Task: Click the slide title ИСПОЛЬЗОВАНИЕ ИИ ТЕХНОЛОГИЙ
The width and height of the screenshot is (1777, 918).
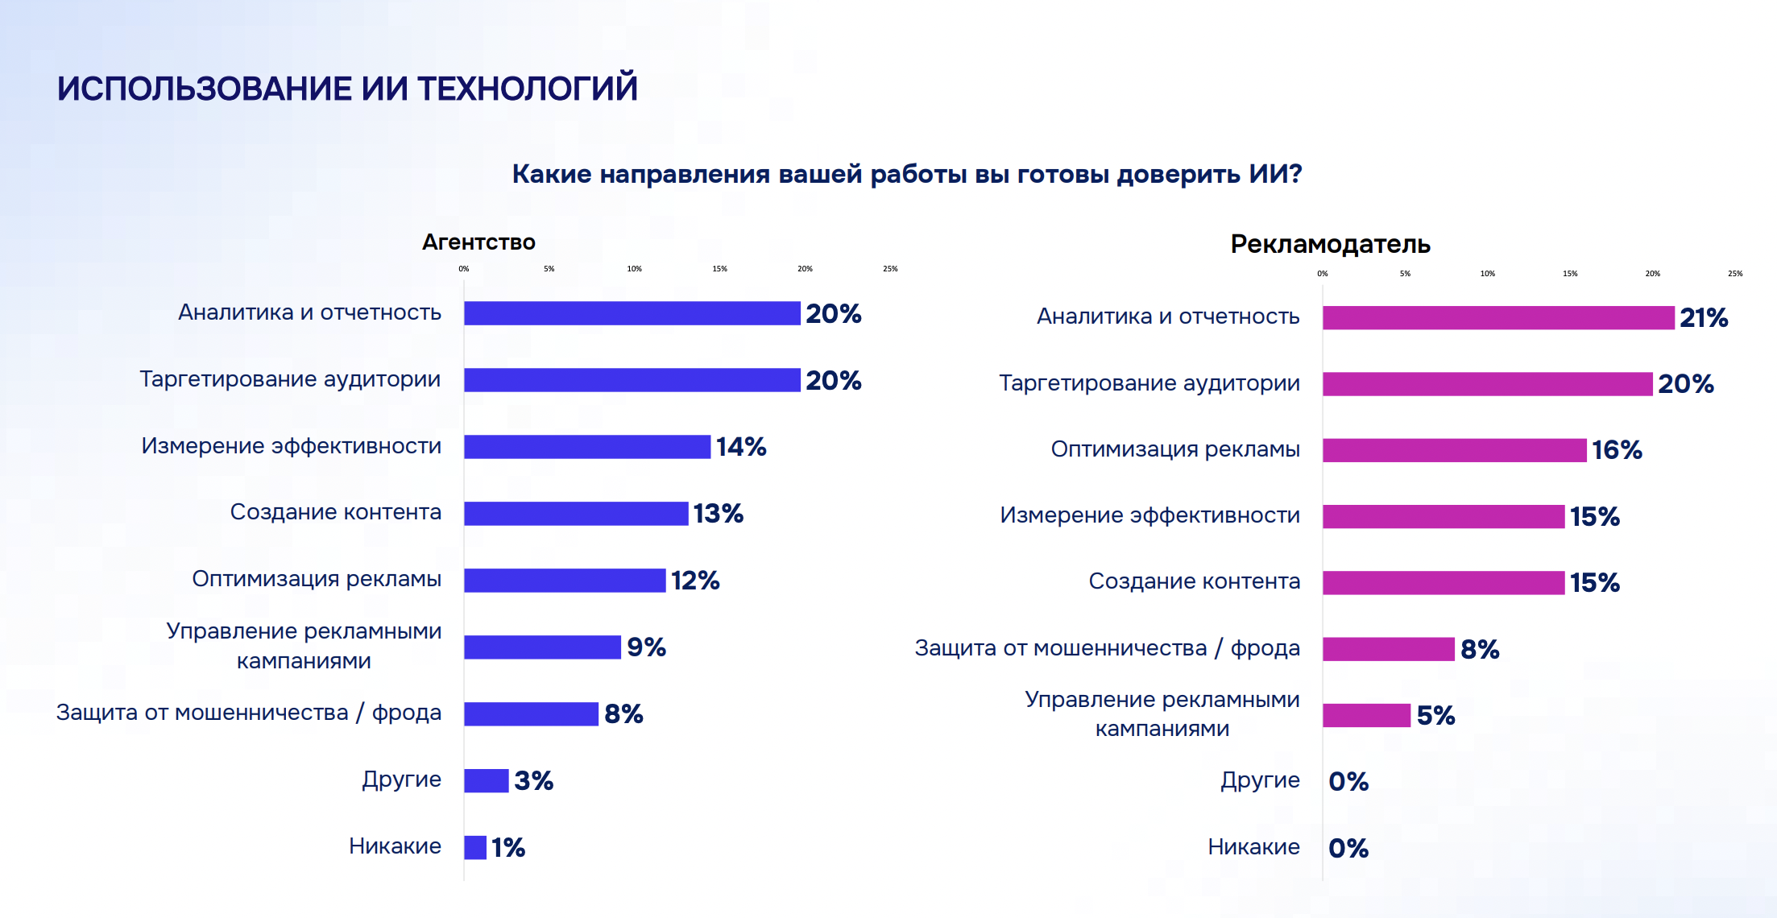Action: coord(346,89)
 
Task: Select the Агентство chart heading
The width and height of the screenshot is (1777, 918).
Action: coord(478,242)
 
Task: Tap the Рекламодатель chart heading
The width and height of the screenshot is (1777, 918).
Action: coord(1330,244)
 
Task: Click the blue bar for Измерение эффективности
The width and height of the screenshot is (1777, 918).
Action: coord(586,447)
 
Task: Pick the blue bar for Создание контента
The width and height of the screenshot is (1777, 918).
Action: coord(575,514)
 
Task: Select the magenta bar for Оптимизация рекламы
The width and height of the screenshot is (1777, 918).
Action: coord(1454,450)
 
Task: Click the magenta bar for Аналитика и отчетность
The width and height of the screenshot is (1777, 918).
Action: coord(1497,318)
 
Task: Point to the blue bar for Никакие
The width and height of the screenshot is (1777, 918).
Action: coord(475,847)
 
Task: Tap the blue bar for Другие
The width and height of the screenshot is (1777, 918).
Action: coord(486,780)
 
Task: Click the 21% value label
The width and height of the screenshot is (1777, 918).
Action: coord(1703,318)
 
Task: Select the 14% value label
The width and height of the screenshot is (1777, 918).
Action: coord(740,447)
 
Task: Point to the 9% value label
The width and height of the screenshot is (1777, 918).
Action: coord(646,647)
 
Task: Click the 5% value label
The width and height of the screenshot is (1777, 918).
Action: coord(1435,715)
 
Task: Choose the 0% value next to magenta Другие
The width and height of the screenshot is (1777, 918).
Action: coord(1348,781)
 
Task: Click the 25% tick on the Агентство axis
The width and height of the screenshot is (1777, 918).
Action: coord(890,269)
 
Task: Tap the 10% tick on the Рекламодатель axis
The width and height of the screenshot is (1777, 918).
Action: coord(1487,274)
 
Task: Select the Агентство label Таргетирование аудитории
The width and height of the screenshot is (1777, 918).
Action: coord(290,379)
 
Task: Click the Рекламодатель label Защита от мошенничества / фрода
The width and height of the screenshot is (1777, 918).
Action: coord(1107,648)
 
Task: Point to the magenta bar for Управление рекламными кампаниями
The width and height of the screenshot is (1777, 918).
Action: coord(1366,715)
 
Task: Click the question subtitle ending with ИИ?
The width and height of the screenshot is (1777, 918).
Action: coord(907,174)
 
